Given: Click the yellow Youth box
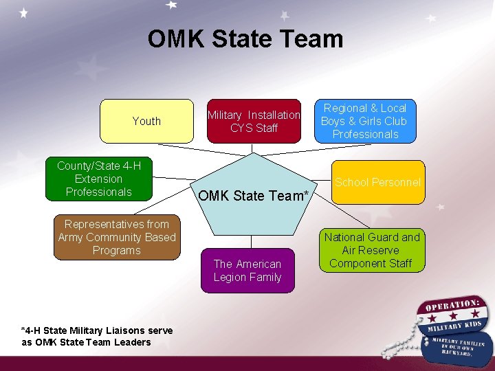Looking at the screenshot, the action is pos(146,121).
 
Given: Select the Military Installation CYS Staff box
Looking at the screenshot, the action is pos(254,122).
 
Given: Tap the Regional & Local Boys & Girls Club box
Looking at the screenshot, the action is pos(365,121).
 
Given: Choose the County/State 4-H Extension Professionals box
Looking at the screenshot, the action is pos(98,179).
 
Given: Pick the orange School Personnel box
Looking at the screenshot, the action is pos(377,182).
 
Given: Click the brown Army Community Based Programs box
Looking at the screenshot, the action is pos(117,237).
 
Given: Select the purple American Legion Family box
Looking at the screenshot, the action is pos(247,271).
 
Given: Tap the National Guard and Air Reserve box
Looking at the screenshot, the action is pos(372,250).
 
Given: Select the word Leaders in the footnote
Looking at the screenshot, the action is pos(133,342).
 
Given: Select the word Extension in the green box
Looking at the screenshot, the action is pos(98,179).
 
